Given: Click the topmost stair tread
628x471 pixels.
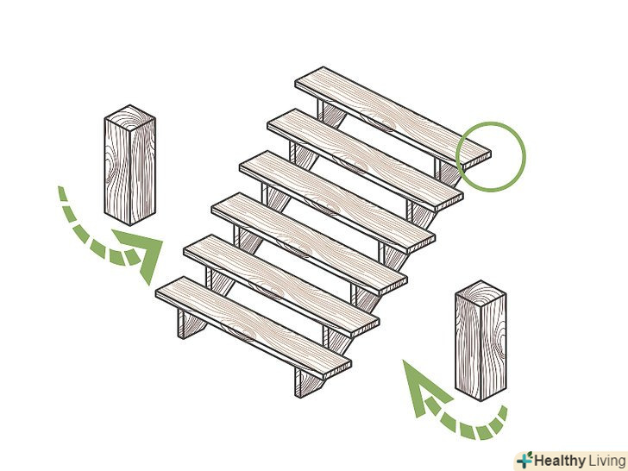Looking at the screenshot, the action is pos(392,118).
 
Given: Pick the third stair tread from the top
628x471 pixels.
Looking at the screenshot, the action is pos(337,202).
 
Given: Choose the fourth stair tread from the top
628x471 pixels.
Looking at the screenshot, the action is pos(309,244).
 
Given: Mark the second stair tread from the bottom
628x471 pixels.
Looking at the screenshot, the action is pos(281,286).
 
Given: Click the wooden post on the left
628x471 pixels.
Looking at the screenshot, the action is pos(129,165).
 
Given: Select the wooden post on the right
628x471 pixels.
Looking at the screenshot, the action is pos(480,341).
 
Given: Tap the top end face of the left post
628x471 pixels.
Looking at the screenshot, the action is pos(129,117).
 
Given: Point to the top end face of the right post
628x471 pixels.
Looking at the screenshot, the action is pos(480,293).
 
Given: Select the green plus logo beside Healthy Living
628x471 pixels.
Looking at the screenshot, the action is pos(524,460).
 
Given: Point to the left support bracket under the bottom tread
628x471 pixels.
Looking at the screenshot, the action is pos(191,323).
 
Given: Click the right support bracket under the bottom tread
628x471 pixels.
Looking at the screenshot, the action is pos(308,382).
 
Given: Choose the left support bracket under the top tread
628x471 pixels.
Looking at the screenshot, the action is pos(331,113).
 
